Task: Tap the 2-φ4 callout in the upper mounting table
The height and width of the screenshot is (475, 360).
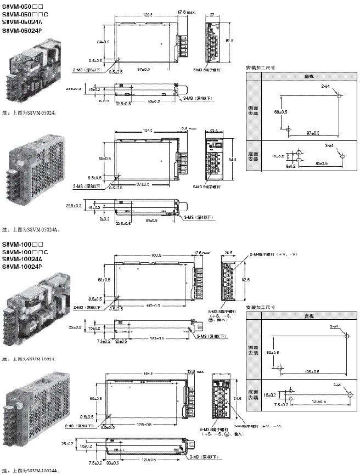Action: (x=327, y=87)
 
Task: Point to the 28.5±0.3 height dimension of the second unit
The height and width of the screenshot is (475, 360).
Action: (x=73, y=205)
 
